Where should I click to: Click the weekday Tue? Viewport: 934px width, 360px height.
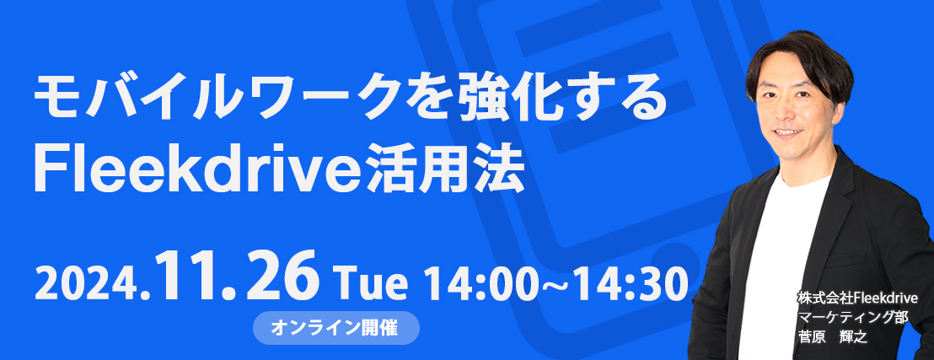tap(370, 284)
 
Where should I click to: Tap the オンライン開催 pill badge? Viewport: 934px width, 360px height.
tap(336, 327)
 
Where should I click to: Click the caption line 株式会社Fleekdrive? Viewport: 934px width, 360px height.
tap(857, 297)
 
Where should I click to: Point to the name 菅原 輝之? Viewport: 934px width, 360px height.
tap(833, 336)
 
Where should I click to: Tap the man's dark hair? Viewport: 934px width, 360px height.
tap(798, 60)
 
